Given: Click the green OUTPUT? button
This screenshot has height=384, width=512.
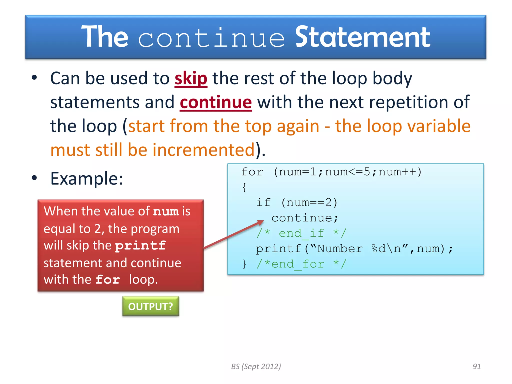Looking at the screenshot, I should click(x=150, y=306).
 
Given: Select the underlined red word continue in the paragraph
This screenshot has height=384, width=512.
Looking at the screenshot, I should click(x=215, y=102).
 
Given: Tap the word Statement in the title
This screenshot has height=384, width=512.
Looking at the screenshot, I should click(x=362, y=37).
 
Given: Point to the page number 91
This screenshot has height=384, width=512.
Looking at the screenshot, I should click(x=476, y=366).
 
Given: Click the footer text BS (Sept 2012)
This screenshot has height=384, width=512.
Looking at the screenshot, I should click(x=256, y=366).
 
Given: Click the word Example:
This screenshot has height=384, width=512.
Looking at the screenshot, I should click(x=87, y=179).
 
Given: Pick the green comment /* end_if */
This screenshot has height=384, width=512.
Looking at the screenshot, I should click(x=301, y=233).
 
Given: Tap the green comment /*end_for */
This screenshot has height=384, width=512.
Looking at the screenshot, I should click(x=301, y=264).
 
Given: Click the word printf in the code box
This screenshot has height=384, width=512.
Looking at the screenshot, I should click(x=278, y=249).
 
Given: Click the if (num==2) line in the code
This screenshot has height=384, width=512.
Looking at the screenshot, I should click(x=297, y=202).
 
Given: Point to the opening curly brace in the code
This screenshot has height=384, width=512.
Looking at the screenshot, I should click(x=244, y=187).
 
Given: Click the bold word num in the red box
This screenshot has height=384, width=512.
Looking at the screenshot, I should click(x=166, y=211).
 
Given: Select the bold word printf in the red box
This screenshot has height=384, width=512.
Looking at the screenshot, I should click(x=140, y=245).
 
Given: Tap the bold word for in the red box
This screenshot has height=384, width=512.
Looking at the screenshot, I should click(x=108, y=279).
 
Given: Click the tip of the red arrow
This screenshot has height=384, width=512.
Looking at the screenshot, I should click(x=263, y=221).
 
